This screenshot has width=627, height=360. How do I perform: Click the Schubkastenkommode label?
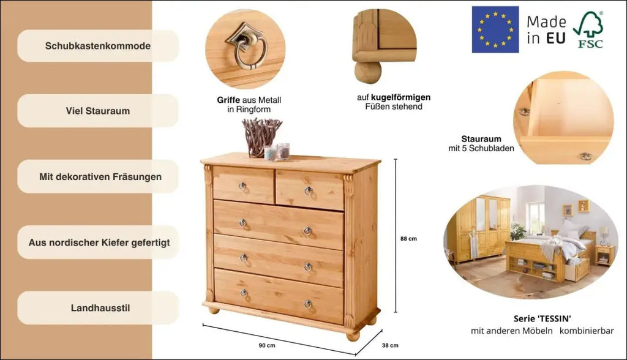[x=97, y=46]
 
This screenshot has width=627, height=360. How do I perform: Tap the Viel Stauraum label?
[x=97, y=111]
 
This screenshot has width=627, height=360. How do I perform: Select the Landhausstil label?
[x=100, y=308]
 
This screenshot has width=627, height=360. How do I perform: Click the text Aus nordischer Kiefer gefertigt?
[x=99, y=242]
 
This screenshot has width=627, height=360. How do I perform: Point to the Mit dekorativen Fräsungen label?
[x=100, y=177]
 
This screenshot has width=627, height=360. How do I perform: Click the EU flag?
[x=495, y=29]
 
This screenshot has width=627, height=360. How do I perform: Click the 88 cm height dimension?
[x=408, y=239]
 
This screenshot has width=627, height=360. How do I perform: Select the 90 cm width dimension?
[x=267, y=345]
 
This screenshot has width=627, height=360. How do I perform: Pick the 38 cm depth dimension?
[x=390, y=345]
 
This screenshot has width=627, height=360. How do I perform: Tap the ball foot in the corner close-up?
[x=368, y=72]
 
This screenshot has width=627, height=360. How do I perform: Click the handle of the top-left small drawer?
[x=242, y=186]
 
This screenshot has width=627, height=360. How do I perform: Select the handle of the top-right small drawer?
[x=309, y=191]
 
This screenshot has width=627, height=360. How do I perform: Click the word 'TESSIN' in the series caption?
[x=554, y=319]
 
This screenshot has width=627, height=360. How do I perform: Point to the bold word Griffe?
[x=228, y=100]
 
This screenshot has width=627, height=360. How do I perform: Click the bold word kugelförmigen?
[x=400, y=97]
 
